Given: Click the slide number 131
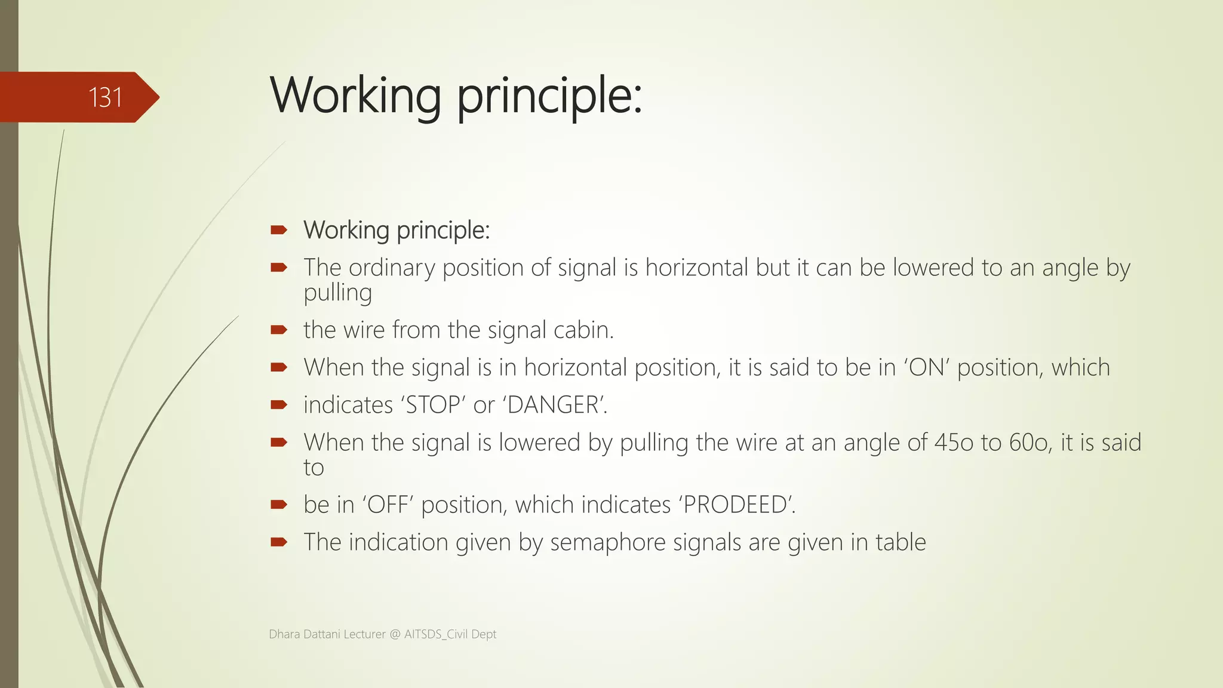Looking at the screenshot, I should (x=105, y=97).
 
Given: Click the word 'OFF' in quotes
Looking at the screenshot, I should (x=388, y=505).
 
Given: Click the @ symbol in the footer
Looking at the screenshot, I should (x=395, y=634).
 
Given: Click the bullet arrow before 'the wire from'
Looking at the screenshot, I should (x=279, y=330).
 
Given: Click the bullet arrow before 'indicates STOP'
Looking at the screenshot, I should (x=279, y=405).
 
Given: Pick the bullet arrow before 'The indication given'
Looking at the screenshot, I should (x=279, y=542).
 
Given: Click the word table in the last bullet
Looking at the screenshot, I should (x=901, y=542).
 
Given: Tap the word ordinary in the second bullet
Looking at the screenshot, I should (x=392, y=268).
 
